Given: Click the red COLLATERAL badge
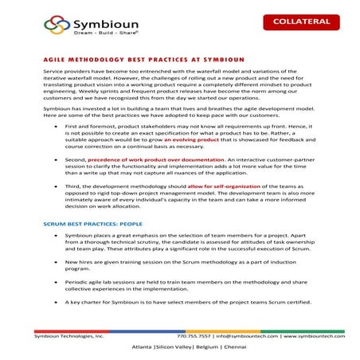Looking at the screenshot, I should coord(303,22).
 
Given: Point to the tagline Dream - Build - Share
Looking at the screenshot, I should coord(92,35).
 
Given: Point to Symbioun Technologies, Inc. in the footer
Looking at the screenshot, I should coord(68,336).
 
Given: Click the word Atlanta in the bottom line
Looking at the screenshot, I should coord(143,349).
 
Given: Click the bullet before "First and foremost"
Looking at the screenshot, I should coord(54,126).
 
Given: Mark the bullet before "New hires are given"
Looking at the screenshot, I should coord(54,260).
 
